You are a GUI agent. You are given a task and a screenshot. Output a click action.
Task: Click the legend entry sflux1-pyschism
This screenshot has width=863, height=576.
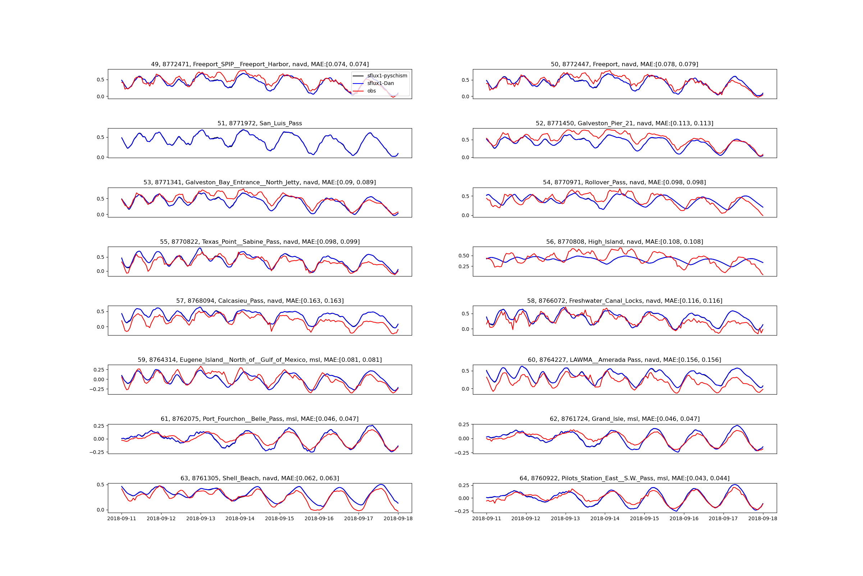[x=387, y=76]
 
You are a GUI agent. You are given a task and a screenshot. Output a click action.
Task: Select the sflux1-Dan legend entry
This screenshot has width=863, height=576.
[x=380, y=84]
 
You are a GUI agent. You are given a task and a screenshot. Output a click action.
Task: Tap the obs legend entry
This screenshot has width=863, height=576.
[x=371, y=91]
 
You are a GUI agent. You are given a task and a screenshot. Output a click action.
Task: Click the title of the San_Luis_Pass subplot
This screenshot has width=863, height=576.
[x=259, y=123]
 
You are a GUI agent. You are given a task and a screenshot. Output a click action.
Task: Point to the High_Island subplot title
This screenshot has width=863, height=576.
[x=624, y=242]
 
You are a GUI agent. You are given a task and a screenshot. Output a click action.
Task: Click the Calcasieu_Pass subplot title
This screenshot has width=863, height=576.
[x=259, y=301]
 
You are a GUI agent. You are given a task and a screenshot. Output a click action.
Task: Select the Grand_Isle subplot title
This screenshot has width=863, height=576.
[x=624, y=419]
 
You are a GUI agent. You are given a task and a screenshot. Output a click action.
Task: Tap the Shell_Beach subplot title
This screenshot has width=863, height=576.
[x=259, y=478]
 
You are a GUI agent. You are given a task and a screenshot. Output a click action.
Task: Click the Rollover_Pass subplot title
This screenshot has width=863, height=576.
[x=624, y=183]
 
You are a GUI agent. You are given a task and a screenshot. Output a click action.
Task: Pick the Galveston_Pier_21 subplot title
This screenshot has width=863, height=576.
[x=624, y=123]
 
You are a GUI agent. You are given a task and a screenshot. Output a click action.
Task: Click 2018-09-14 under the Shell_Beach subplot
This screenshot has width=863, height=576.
[x=239, y=518]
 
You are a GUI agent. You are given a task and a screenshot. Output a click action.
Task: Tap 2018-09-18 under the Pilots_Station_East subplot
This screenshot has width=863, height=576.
[x=762, y=518]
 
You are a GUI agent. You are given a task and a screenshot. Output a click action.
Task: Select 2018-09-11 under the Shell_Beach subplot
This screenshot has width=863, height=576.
[x=122, y=518]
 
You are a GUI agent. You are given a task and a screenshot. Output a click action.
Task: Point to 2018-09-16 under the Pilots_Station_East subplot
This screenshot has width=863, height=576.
[x=684, y=518]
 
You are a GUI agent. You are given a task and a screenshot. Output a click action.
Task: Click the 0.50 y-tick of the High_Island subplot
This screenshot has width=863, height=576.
[x=464, y=256]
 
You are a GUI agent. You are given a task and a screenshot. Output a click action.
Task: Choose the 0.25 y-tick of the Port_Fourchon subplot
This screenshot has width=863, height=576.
[x=99, y=426]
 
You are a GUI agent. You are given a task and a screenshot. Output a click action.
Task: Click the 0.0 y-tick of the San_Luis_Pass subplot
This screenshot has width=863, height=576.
[x=100, y=157]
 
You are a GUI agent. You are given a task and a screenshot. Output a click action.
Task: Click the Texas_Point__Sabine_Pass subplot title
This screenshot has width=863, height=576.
[x=259, y=242]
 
